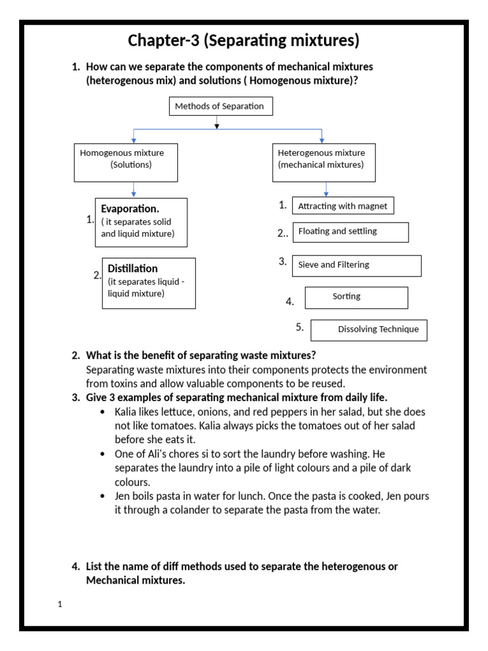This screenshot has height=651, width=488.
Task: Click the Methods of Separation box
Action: (220, 106)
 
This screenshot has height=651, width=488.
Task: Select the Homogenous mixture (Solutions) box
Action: (126, 162)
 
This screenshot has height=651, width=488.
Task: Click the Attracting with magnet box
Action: (343, 206)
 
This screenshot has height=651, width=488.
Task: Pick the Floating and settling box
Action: (350, 232)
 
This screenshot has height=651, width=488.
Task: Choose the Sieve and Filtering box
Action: (356, 266)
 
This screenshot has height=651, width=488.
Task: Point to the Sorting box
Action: (356, 298)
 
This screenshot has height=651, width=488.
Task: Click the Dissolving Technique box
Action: (374, 330)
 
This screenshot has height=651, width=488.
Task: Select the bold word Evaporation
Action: (130, 209)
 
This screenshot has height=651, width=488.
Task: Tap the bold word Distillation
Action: (133, 268)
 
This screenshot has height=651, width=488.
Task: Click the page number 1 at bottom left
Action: (60, 605)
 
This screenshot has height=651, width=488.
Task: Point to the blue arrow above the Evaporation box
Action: (133, 190)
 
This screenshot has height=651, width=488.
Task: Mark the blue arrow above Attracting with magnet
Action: (326, 189)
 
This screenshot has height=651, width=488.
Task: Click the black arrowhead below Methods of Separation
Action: (217, 125)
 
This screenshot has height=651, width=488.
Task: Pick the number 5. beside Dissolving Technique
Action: (299, 327)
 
